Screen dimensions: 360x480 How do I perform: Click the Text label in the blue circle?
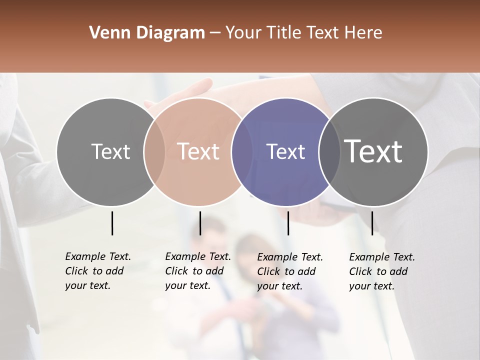pos(285,152)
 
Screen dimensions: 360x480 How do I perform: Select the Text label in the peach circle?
pos(198,152)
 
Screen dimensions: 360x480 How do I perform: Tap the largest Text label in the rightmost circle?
pos(373,151)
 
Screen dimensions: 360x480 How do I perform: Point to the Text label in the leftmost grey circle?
pos(110,152)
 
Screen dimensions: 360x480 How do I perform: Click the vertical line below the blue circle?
pos(288,223)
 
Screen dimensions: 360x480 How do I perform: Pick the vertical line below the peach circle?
pos(200,223)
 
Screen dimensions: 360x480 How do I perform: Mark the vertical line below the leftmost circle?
pos(112,223)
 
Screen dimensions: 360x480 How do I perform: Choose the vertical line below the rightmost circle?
pos(372,223)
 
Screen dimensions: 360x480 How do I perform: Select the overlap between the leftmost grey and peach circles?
pos(154,152)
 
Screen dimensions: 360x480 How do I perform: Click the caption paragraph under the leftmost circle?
pos(97,271)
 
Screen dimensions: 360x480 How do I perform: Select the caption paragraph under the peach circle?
pos(197,271)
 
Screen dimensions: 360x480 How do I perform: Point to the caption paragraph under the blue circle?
pos(289,271)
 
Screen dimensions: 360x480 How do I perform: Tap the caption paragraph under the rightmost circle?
pos(381,271)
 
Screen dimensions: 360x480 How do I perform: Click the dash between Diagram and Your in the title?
pos(215,33)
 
